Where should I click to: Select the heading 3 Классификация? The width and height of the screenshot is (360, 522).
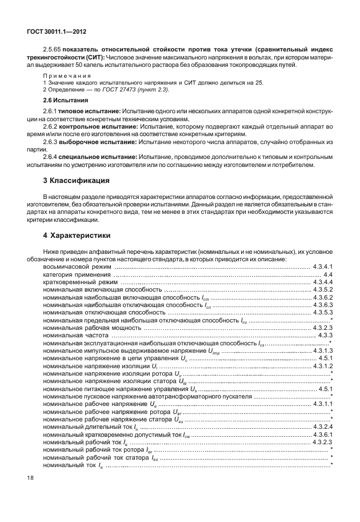73,182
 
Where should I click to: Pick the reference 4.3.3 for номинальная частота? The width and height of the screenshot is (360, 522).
326,335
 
